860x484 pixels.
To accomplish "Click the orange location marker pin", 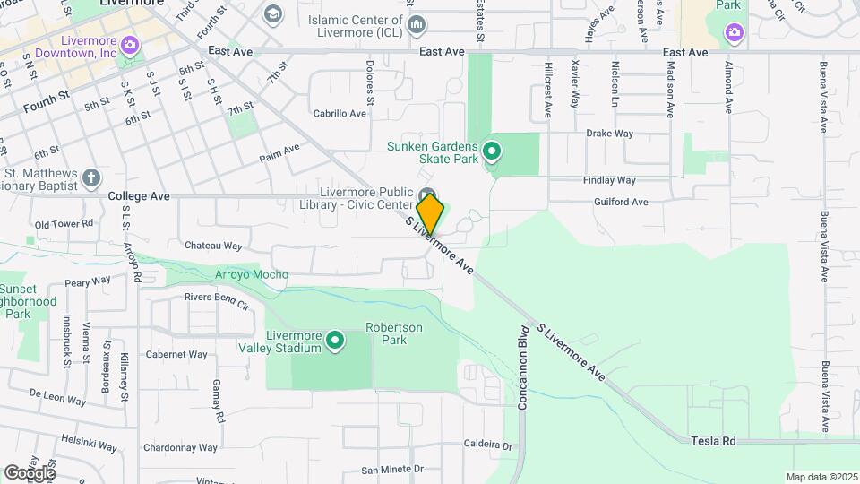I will (430, 214).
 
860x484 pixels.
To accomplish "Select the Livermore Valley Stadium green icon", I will (335, 341).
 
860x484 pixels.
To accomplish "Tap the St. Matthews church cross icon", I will (90, 179).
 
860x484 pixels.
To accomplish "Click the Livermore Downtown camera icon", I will (130, 44).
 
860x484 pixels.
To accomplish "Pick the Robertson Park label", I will (392, 333).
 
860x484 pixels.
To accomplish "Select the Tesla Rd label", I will (713, 441).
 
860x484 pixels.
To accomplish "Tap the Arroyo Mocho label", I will (252, 274).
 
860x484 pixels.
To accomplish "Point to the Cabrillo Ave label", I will (340, 114).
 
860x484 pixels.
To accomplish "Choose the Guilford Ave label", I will (621, 203).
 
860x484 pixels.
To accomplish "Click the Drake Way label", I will (609, 134).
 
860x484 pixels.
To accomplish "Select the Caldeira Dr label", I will (487, 445).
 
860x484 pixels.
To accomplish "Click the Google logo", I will (30, 472).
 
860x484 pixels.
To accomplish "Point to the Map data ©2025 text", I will (821, 477).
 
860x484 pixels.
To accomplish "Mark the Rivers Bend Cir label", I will (216, 296).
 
